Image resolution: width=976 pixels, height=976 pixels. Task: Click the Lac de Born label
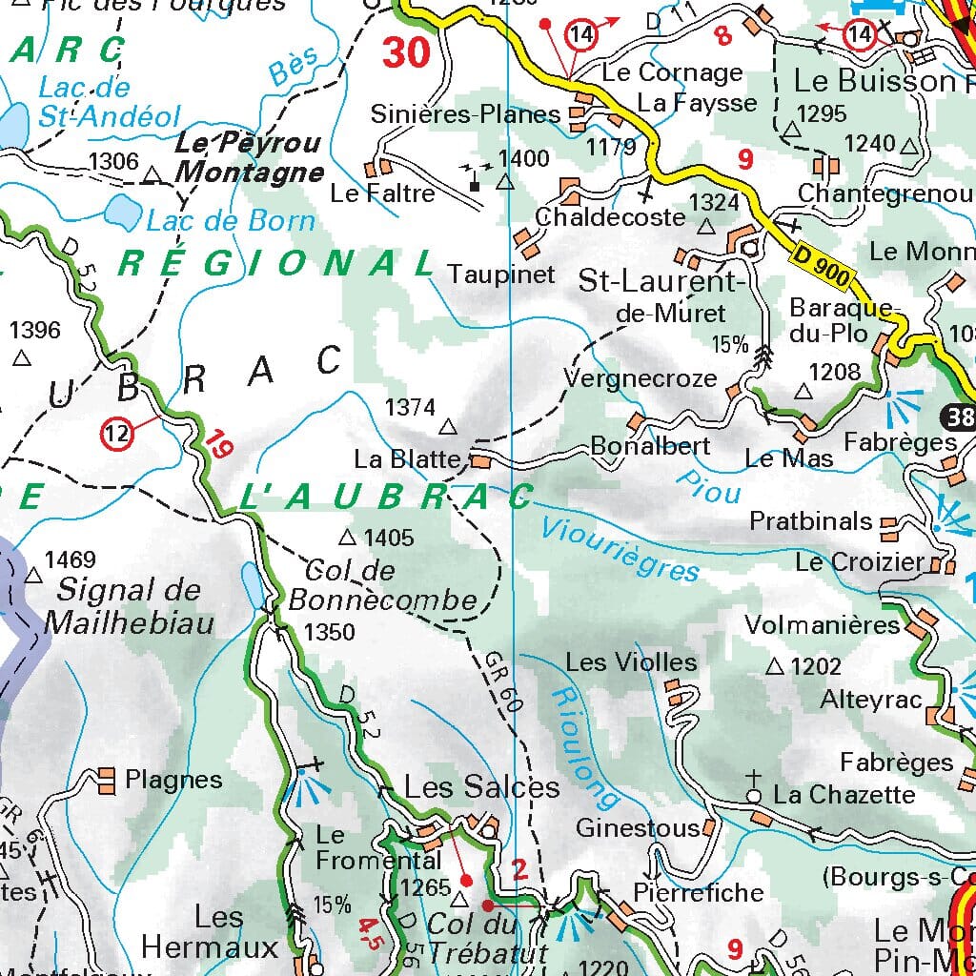[x=230, y=221]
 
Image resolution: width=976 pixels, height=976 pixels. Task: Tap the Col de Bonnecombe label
[x=381, y=585]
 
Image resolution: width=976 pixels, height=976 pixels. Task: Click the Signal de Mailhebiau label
[x=129, y=606]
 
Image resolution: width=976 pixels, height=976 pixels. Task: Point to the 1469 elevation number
[x=71, y=559]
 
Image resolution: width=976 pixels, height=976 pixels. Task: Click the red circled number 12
[x=116, y=434]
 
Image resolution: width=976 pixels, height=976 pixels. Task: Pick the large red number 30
[x=407, y=53]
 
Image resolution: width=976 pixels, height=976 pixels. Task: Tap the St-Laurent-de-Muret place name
[x=660, y=296]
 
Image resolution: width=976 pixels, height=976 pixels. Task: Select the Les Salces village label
[x=482, y=786]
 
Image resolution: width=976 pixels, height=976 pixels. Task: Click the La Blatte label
[x=407, y=459]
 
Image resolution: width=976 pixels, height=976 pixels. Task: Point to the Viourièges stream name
[x=620, y=549]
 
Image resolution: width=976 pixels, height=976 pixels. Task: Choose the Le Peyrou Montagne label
[x=249, y=158]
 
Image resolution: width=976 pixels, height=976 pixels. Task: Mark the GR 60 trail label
[x=503, y=682]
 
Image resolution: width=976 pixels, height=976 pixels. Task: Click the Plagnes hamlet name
[x=173, y=780]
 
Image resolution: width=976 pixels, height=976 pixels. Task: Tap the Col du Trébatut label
[x=486, y=938]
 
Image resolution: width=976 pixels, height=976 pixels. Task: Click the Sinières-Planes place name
[x=465, y=114]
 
